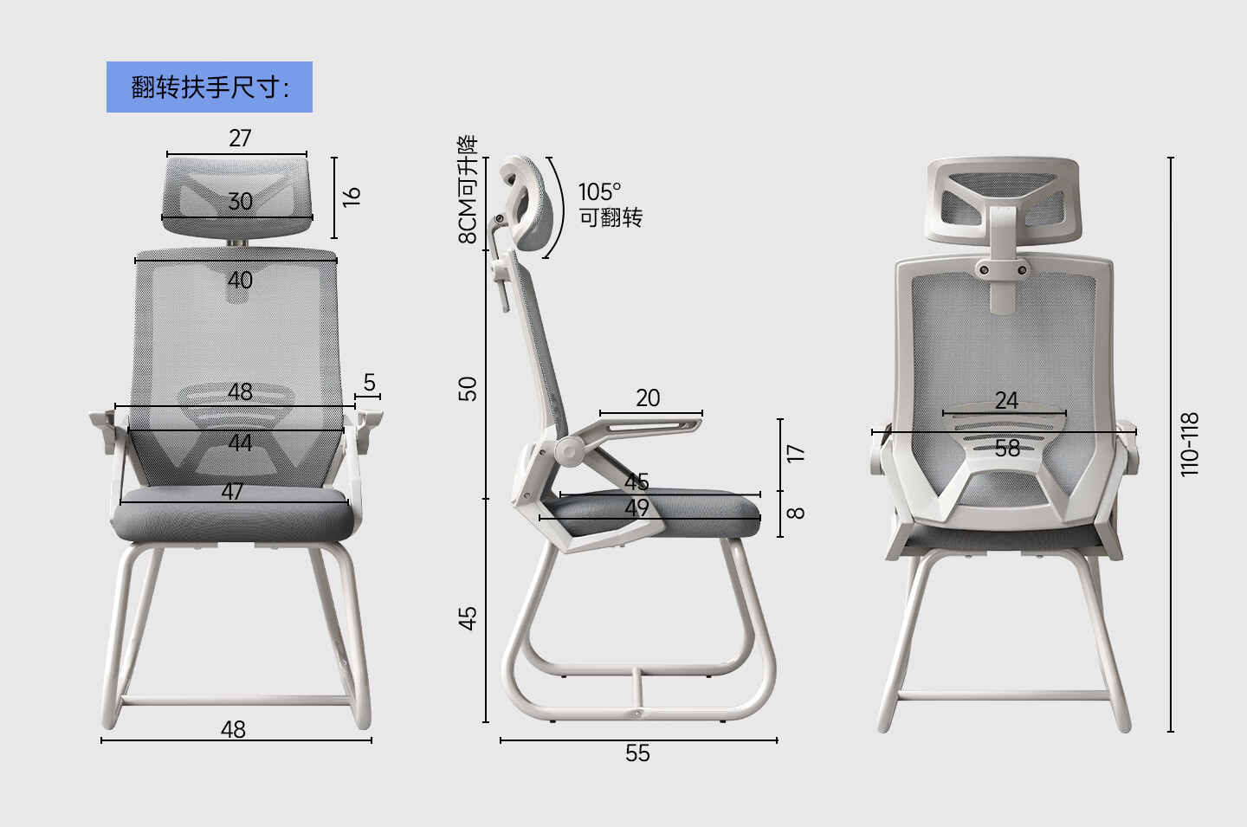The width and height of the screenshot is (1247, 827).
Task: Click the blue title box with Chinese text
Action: (210, 87)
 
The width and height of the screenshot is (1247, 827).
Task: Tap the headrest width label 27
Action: (240, 138)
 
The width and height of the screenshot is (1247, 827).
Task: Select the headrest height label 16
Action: (352, 197)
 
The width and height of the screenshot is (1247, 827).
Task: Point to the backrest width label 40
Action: (240, 280)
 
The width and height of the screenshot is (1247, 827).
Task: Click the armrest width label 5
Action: (369, 383)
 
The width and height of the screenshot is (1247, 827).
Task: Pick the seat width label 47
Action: (232, 491)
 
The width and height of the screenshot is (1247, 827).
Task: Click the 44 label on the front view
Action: (240, 443)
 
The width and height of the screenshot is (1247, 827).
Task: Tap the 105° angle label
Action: (599, 192)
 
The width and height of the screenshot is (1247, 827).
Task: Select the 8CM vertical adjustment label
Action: (468, 190)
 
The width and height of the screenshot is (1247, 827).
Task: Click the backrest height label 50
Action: (468, 389)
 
